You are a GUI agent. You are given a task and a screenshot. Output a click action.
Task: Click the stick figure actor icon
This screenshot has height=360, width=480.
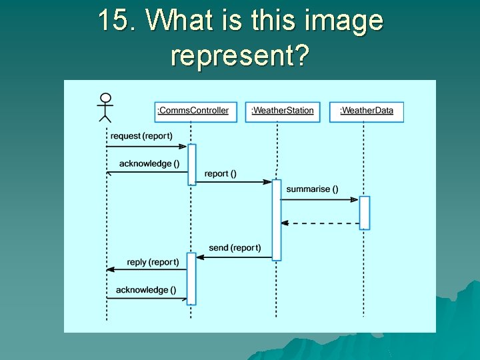105,107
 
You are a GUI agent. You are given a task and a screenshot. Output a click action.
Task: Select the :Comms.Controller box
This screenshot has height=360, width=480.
193,111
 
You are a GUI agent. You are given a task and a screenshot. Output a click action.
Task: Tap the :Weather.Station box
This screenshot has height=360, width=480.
283,111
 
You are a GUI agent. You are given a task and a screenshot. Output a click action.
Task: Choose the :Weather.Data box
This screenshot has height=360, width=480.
367,111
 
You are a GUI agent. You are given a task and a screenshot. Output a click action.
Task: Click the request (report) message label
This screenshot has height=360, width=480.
141,136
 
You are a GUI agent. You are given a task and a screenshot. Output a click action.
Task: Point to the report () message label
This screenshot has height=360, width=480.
220,174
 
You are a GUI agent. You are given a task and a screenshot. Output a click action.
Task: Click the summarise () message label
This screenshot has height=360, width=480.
312,189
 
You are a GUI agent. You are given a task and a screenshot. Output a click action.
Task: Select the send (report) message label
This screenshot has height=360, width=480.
235,248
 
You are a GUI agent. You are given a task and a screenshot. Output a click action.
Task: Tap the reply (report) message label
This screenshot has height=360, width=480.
153,263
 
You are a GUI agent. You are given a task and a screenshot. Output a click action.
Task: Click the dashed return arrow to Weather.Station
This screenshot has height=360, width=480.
320,223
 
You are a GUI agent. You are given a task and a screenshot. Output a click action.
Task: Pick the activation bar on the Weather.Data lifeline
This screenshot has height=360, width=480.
365,213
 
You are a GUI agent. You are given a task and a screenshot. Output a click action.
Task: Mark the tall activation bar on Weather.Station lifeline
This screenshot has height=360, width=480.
277,219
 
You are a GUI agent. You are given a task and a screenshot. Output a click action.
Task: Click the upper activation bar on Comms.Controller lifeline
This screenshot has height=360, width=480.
192,164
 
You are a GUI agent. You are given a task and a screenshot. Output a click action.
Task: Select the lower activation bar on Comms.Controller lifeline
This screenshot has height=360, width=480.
191,278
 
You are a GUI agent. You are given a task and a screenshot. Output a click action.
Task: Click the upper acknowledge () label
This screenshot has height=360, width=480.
149,164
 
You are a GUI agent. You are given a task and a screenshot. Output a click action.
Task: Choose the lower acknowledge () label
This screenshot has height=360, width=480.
146,290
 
